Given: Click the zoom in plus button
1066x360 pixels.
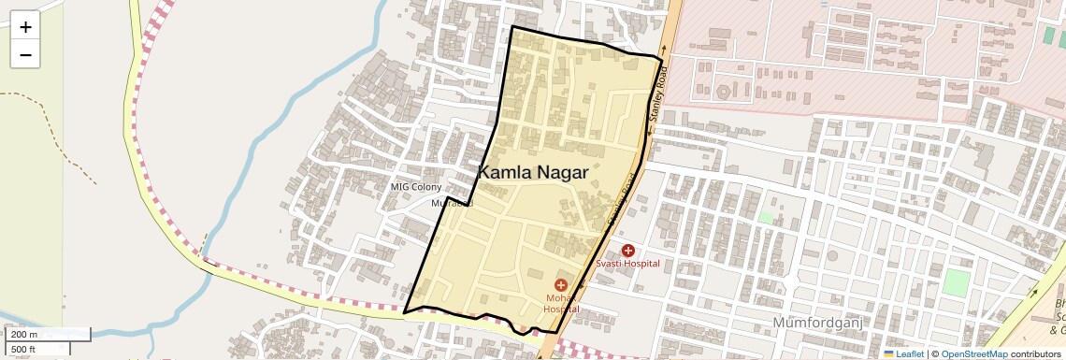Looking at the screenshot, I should tap(25, 27).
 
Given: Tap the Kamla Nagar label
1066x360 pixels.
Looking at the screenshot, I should tap(533, 172).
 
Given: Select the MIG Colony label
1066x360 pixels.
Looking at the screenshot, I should tap(415, 187).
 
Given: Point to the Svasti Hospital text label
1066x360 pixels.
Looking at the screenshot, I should tap(627, 264).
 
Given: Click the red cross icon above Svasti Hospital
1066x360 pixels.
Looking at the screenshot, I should tap(627, 251).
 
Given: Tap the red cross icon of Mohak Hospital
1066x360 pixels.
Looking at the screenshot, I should tap(561, 284).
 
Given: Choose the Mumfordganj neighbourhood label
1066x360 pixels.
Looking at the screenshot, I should tap(816, 323).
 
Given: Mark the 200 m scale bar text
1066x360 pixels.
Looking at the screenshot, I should tap(24, 334).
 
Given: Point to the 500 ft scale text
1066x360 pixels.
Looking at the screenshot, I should tap(23, 350).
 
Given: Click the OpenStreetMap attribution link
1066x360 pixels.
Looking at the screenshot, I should tap(973, 353).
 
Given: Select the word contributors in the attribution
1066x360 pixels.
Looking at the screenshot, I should tap(1035, 353).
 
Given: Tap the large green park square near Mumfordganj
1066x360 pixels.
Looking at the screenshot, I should tap(956, 282).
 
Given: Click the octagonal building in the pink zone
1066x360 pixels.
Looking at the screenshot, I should tap(723, 93).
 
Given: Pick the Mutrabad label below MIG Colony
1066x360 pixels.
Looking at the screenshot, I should tap(452, 203).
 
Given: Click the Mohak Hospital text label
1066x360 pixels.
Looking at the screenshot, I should tap(562, 303).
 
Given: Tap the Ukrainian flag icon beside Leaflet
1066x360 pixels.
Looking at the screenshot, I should tap(888, 353).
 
